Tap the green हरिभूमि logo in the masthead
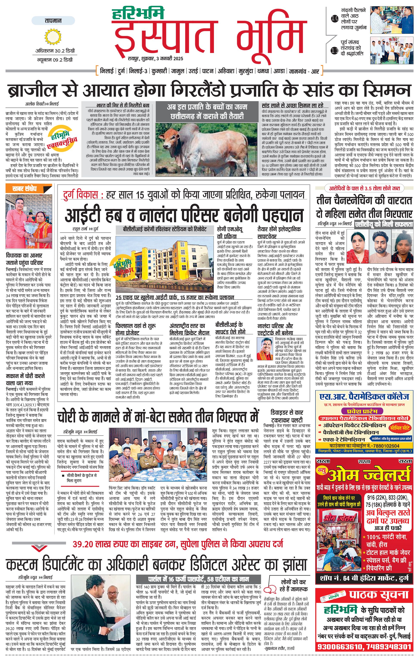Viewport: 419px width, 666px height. point(138,14)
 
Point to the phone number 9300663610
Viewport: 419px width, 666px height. point(340,647)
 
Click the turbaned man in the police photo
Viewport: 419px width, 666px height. point(147,441)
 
